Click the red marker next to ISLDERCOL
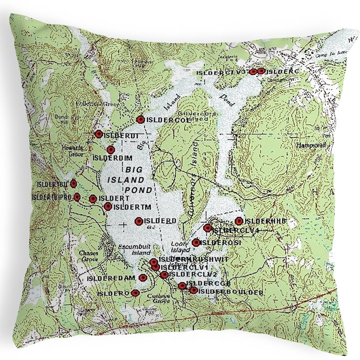(x=140, y=119)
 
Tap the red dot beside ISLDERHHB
(x=239, y=221)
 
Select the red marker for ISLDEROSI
(x=196, y=243)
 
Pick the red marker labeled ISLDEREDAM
(x=142, y=278)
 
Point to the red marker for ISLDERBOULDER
(x=193, y=290)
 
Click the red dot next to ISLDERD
(x=139, y=221)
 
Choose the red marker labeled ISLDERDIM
(x=111, y=150)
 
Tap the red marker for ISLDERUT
(x=99, y=134)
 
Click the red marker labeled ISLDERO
(x=135, y=293)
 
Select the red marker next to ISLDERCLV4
(x=207, y=228)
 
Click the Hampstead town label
(x=309, y=144)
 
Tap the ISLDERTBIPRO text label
(x=51, y=196)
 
